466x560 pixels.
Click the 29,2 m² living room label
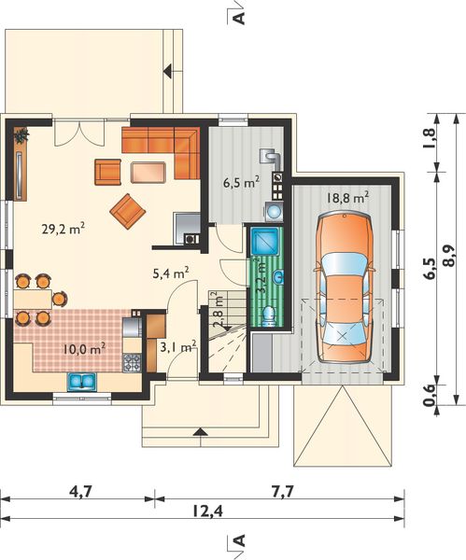[64, 229]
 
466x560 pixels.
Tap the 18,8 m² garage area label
[347, 198]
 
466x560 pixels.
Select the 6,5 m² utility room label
[241, 183]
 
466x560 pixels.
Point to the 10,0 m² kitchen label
[84, 349]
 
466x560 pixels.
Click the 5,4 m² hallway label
[171, 273]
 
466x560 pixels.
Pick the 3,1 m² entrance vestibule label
[178, 347]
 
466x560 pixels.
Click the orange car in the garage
[345, 287]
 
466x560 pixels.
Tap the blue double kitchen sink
[82, 382]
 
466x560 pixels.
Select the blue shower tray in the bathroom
[265, 242]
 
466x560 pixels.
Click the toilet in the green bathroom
[268, 316]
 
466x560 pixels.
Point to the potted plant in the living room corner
[21, 135]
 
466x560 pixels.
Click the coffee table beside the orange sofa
[148, 173]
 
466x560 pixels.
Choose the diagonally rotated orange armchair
[128, 212]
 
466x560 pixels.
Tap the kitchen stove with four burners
[133, 363]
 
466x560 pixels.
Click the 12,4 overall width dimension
[207, 512]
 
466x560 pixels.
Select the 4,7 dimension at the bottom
[80, 492]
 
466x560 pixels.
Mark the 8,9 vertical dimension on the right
[449, 256]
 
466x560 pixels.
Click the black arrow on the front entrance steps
[201, 432]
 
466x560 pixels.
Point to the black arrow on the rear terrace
[168, 71]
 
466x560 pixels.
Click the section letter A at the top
[240, 17]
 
